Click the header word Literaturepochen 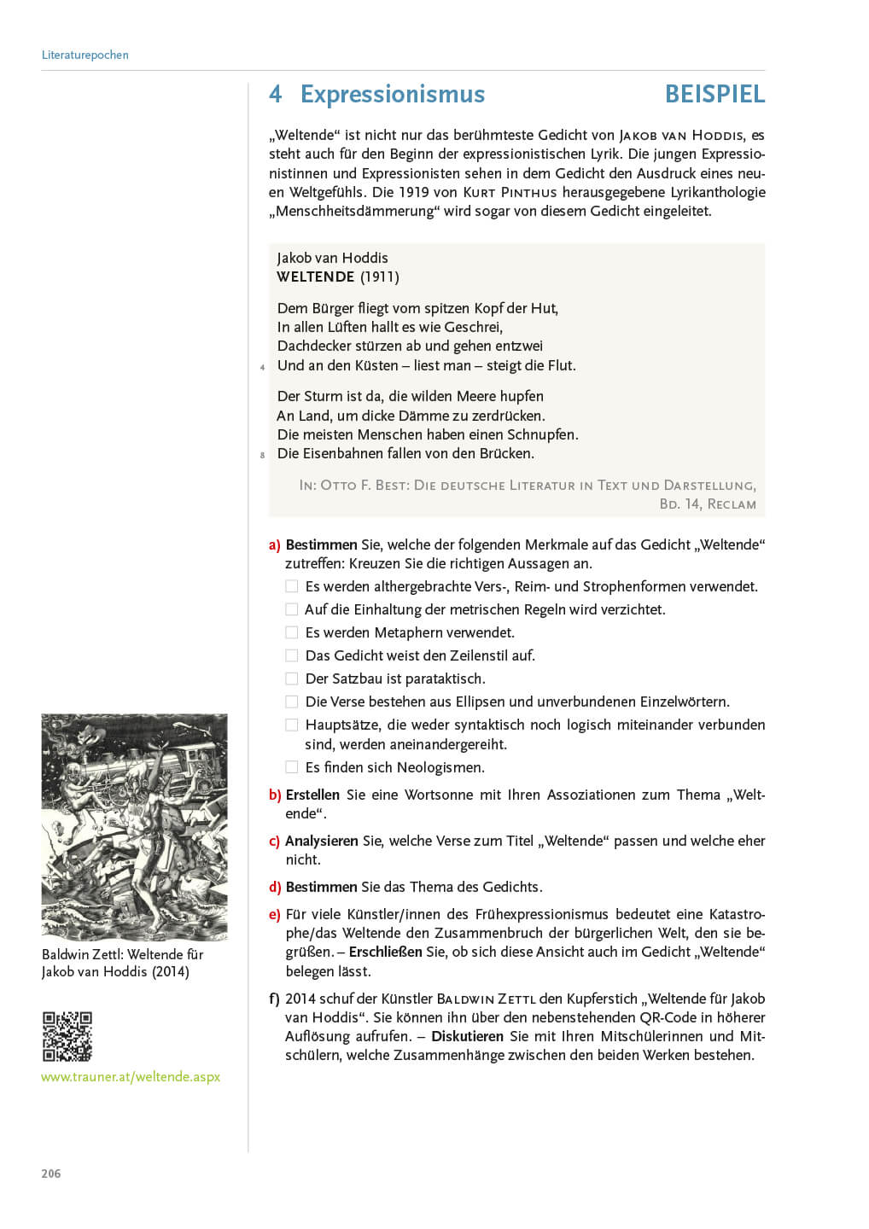click(x=85, y=55)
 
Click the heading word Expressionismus click(x=392, y=94)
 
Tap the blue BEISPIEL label click(x=714, y=94)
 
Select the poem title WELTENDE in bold click(x=315, y=277)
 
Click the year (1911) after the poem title click(x=380, y=277)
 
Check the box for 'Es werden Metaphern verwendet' click(x=292, y=632)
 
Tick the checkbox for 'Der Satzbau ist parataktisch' click(x=292, y=679)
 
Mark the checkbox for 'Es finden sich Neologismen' click(x=292, y=767)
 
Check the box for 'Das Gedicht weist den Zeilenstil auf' click(x=292, y=655)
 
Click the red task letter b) click(x=275, y=795)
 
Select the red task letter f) click(x=274, y=999)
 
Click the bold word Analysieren click(x=321, y=841)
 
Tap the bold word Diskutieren click(x=467, y=1036)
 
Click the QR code click(x=67, y=1036)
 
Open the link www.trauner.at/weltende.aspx click(x=131, y=1077)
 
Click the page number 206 click(x=51, y=1174)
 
